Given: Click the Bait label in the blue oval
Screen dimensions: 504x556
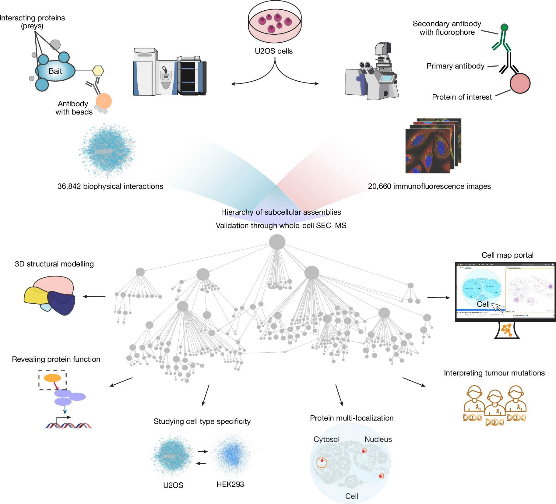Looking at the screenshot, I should coord(55,71).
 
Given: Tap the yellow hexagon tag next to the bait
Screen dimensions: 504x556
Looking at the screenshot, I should coord(98,71).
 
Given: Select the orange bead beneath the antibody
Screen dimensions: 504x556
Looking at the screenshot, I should coord(104,101).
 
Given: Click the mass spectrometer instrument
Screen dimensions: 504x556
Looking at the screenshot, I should coord(170,72).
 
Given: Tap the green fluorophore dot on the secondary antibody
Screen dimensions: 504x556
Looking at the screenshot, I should coord(504,27).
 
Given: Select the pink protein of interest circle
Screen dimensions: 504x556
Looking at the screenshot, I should coord(520,83).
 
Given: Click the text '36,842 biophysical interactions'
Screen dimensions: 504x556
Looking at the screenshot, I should coord(110,186).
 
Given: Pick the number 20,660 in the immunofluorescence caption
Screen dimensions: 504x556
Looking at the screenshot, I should coord(379,186).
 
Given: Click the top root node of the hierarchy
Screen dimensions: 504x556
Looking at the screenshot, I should coord(277,242).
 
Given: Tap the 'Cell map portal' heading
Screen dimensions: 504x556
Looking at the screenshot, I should coord(507,255).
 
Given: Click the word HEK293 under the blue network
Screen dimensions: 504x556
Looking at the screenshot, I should coord(230,484).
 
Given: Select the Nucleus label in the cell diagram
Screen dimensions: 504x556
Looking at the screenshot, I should coord(378,439).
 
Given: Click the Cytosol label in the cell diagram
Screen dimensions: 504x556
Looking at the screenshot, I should coord(326,439).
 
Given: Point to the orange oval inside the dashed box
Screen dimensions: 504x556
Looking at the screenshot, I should coord(52,378).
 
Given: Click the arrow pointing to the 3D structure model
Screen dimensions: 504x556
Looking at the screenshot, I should coord(94,296).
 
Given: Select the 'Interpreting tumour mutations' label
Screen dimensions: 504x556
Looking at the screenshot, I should coord(494,373).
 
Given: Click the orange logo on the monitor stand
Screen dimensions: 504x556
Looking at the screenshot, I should coord(507,330).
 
